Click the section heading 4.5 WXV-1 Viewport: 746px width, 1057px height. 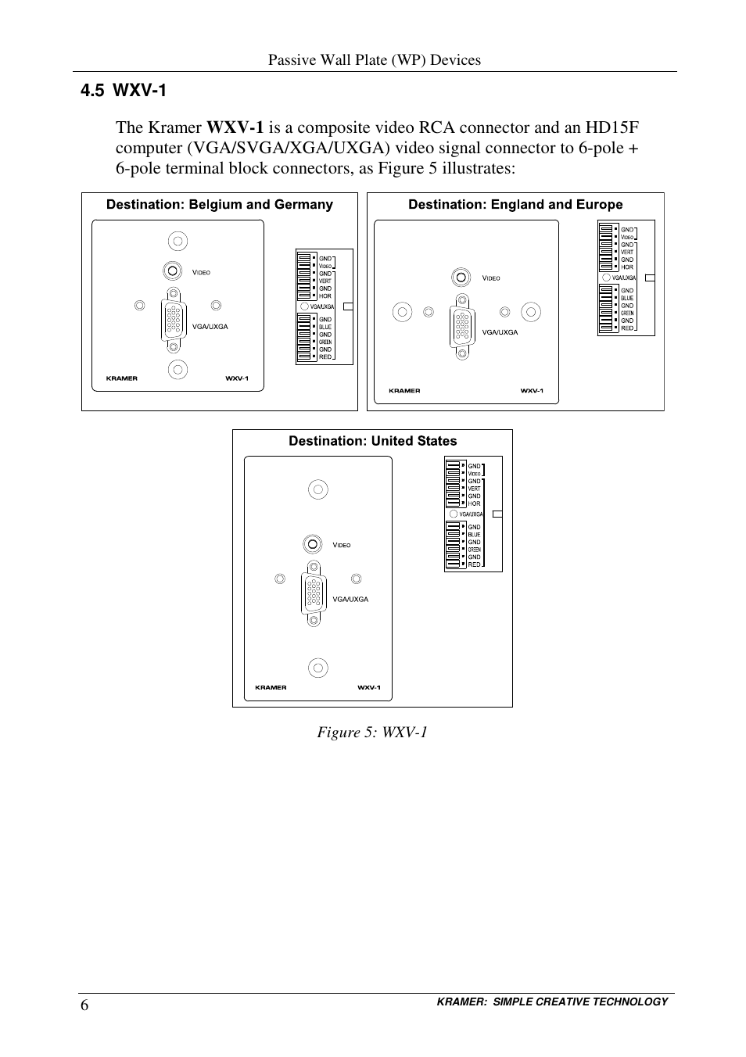pyautogui.click(x=124, y=91)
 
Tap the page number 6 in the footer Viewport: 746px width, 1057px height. pyautogui.click(x=84, y=1005)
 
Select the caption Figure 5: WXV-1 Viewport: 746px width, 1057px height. pyautogui.click(x=372, y=732)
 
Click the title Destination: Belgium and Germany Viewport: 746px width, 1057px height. pyautogui.click(x=220, y=205)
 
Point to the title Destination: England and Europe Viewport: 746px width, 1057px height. pyautogui.click(x=515, y=205)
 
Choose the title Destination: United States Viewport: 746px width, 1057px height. pyautogui.click(x=372, y=441)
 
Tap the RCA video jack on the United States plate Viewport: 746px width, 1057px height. pyautogui.click(x=313, y=544)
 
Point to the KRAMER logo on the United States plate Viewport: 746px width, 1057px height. pyautogui.click(x=271, y=688)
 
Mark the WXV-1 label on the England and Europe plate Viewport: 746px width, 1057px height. pyautogui.click(x=532, y=391)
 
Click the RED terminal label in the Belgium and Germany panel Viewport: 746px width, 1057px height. pyautogui.click(x=325, y=357)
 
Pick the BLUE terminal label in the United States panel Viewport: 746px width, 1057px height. pyautogui.click(x=474, y=535)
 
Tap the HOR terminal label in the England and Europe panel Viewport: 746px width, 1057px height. pyautogui.click(x=627, y=267)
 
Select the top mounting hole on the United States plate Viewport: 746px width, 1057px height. pyautogui.click(x=317, y=490)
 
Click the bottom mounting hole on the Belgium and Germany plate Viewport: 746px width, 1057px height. pyautogui.click(x=178, y=369)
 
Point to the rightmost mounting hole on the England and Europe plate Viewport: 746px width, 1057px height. pyautogui.click(x=531, y=313)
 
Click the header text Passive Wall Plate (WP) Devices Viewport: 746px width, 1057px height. pyautogui.click(x=375, y=60)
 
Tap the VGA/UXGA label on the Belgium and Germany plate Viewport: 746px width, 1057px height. pyautogui.click(x=210, y=327)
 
